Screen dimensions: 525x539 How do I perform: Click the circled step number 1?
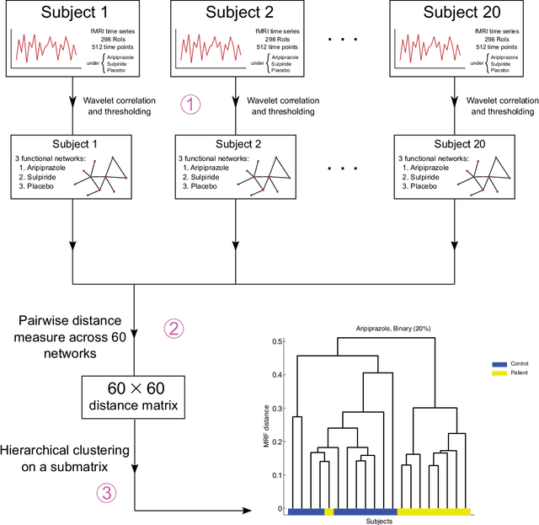(x=192, y=104)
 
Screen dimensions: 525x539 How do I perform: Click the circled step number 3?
(x=104, y=493)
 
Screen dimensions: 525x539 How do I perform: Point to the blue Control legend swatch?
(x=498, y=363)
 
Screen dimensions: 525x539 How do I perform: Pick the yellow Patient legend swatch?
(x=498, y=372)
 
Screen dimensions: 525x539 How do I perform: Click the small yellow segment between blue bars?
(x=328, y=512)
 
